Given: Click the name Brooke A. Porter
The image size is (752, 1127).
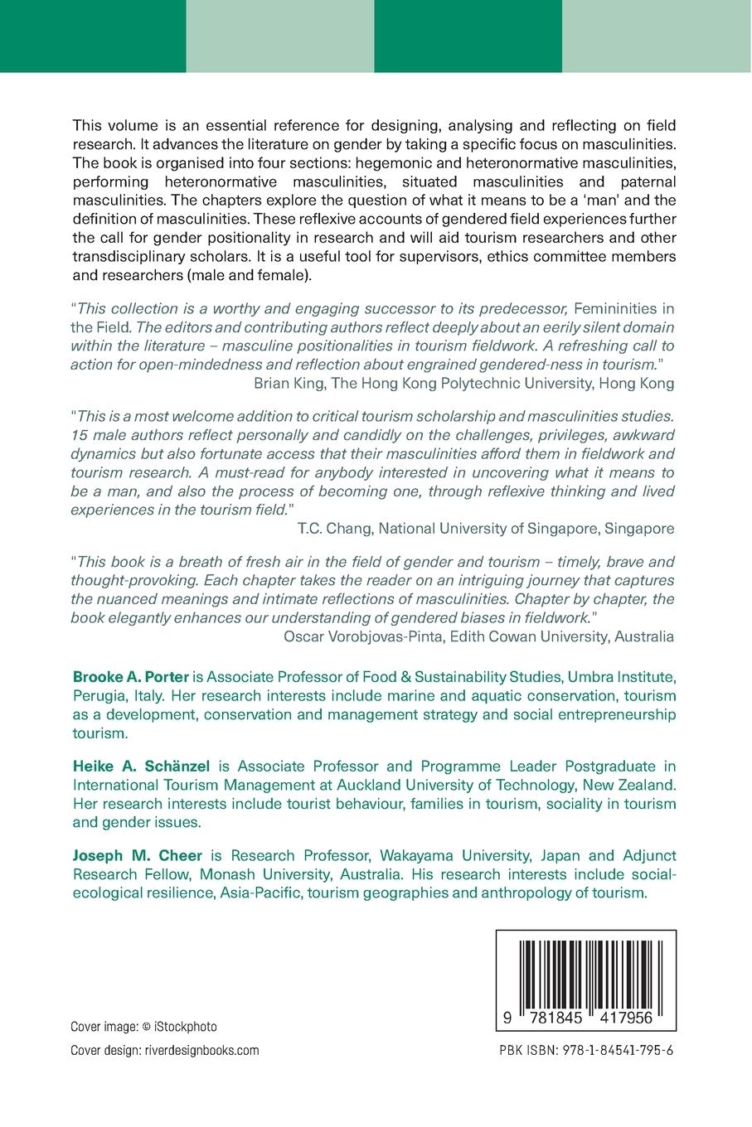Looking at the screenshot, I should pyautogui.click(x=131, y=677).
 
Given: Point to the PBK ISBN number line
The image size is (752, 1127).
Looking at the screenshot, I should pyautogui.click(x=586, y=1050).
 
